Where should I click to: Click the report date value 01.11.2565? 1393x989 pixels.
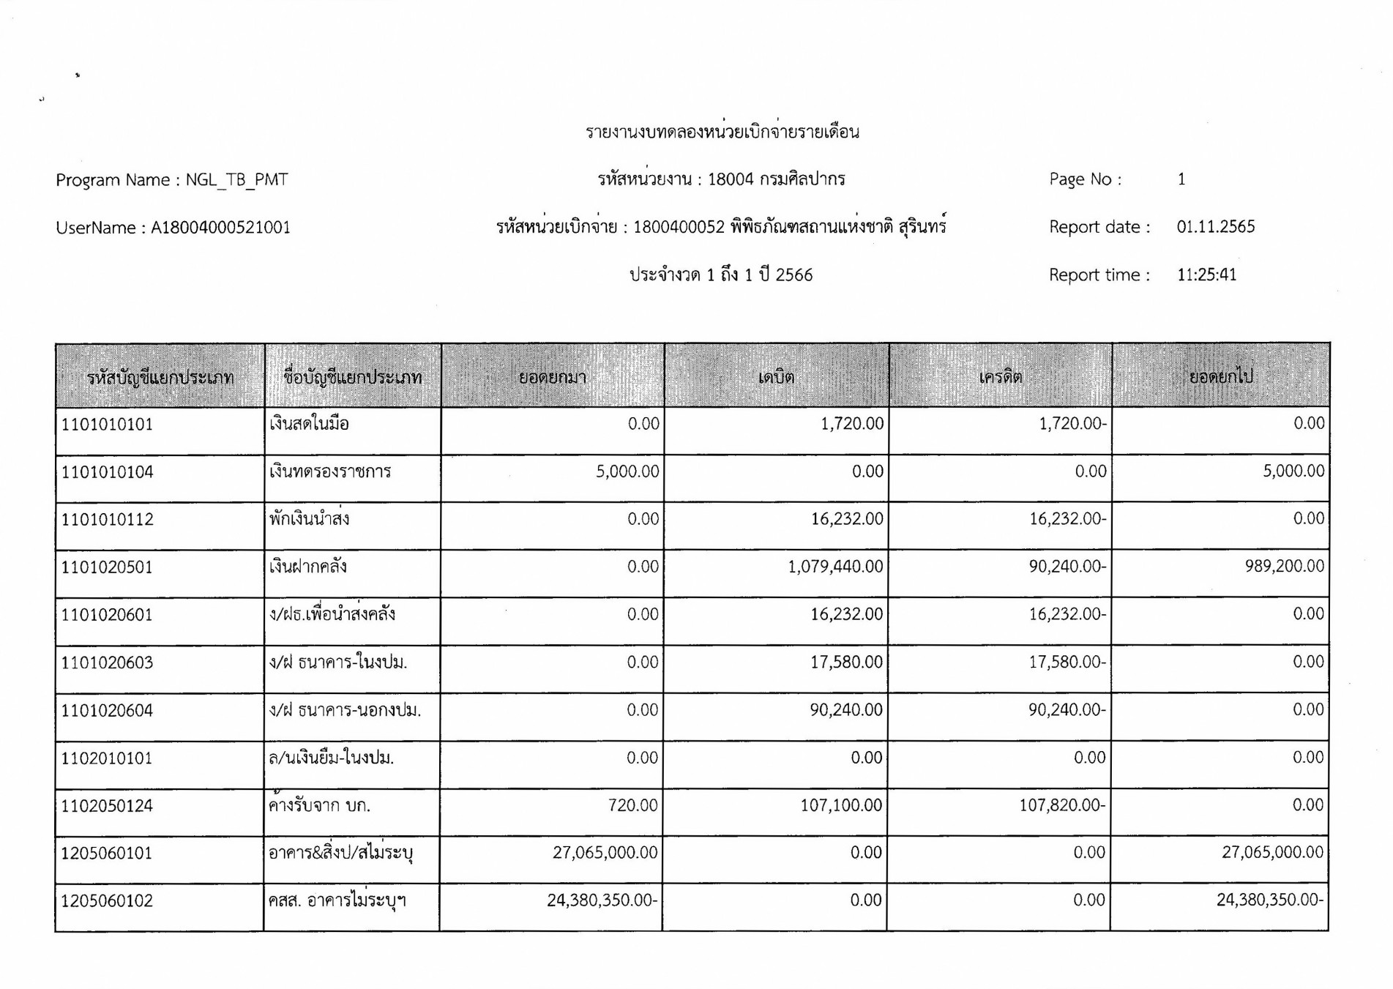point(1215,227)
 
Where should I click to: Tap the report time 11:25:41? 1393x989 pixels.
point(1206,275)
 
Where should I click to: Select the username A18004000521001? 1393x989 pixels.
point(220,228)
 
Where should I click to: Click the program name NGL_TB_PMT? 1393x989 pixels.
point(236,180)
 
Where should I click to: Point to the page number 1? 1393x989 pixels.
point(1181,179)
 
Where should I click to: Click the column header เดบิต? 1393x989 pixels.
point(776,378)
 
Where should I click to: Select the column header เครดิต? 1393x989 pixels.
point(1000,378)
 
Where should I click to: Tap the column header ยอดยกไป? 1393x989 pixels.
point(1220,377)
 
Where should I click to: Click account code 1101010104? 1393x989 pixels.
point(108,472)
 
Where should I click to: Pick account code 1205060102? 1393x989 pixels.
point(107,901)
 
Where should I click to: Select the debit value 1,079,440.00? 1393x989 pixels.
point(835,567)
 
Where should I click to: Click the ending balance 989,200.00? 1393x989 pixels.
point(1284,566)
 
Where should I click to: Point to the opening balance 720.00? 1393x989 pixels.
point(632,805)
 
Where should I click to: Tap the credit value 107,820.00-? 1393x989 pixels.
point(1062,805)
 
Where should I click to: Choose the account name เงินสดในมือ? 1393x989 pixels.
point(309,424)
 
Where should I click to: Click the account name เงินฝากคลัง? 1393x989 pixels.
point(308,567)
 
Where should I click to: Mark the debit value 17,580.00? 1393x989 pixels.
point(846,663)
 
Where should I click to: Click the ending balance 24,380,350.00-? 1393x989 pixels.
point(1270,900)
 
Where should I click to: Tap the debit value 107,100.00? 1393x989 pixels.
point(841,805)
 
